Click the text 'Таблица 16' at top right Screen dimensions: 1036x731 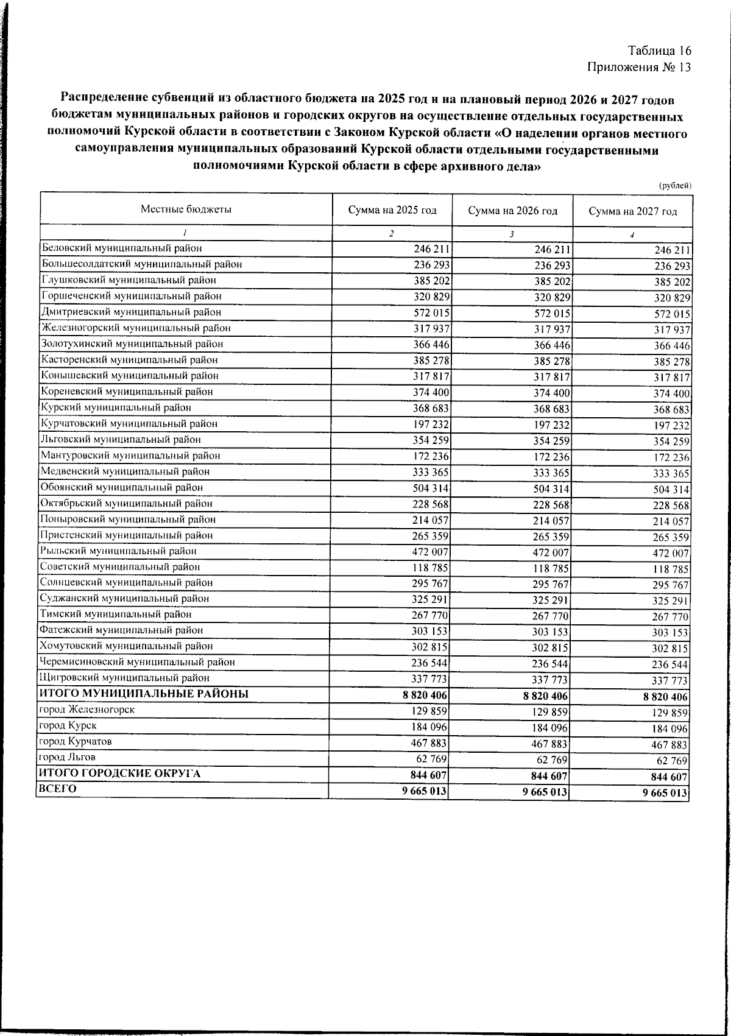point(660,51)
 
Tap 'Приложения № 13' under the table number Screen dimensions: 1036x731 point(639,67)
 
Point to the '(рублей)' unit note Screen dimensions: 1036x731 point(676,186)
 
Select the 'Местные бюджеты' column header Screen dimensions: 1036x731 point(186,209)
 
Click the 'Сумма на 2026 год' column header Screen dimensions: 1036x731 point(513,211)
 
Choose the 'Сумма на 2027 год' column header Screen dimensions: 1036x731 point(633,211)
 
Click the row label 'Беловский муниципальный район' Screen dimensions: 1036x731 point(121,248)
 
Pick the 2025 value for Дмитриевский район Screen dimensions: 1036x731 point(431,313)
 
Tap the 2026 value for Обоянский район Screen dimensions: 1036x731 point(551,489)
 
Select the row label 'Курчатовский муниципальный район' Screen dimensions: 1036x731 point(129,423)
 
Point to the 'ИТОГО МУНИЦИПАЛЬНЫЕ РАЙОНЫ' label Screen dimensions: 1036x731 point(144,693)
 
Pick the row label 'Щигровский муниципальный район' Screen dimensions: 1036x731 point(124,677)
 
